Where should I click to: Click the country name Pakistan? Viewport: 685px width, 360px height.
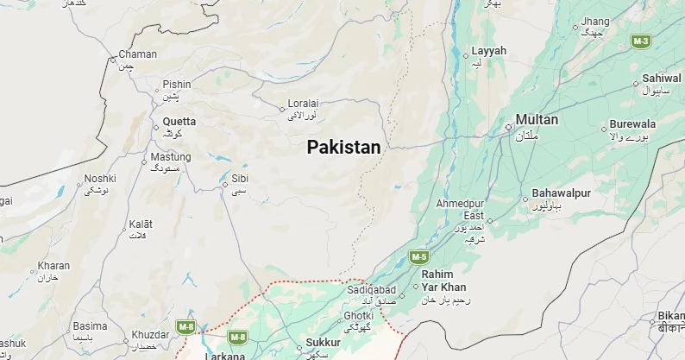(x=343, y=148)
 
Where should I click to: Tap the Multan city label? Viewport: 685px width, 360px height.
(x=537, y=120)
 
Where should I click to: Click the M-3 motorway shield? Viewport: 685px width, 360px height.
(x=640, y=41)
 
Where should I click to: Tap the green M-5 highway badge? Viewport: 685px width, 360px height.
(x=418, y=256)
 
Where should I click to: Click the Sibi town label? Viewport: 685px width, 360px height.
(x=240, y=180)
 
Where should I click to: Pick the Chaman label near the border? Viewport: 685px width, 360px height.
(x=137, y=54)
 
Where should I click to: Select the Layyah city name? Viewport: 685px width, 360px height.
(x=489, y=51)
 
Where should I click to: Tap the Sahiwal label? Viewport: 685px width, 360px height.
(x=662, y=78)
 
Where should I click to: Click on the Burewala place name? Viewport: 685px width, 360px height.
(x=632, y=124)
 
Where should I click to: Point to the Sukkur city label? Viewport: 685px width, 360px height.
(x=324, y=343)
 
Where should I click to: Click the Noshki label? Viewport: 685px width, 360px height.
(x=99, y=179)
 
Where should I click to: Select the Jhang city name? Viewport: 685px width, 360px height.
(x=595, y=21)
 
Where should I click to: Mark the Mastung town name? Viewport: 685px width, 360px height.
(x=171, y=157)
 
